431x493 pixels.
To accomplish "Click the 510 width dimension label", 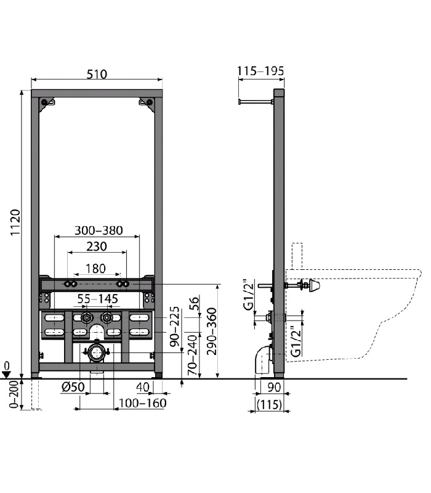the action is (x=97, y=75).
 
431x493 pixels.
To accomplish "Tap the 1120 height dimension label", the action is (x=15, y=222).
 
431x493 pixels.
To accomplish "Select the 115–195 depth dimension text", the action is (x=260, y=71).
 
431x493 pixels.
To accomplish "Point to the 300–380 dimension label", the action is (x=99, y=230).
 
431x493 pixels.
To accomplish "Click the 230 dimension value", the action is (x=97, y=246).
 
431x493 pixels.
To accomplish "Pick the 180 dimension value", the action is (x=95, y=269).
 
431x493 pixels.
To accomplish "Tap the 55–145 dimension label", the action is (x=98, y=299).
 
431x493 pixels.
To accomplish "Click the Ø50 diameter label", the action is (x=73, y=387).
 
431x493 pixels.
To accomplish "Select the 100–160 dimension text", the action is (x=142, y=403).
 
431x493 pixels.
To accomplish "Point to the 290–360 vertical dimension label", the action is (x=212, y=331).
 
